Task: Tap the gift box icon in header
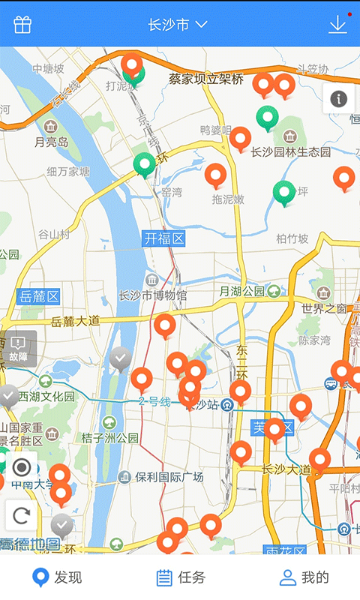22,25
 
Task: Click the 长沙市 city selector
178,25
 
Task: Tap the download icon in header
337,25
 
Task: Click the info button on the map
339,98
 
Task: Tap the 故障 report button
19,348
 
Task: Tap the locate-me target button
22,468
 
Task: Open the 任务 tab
180,577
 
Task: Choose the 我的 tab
304,577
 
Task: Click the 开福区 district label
164,238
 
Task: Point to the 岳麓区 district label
39,296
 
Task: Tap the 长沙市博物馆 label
154,295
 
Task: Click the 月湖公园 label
242,291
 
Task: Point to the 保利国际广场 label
170,476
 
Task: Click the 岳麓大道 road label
76,321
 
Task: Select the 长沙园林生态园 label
291,152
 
